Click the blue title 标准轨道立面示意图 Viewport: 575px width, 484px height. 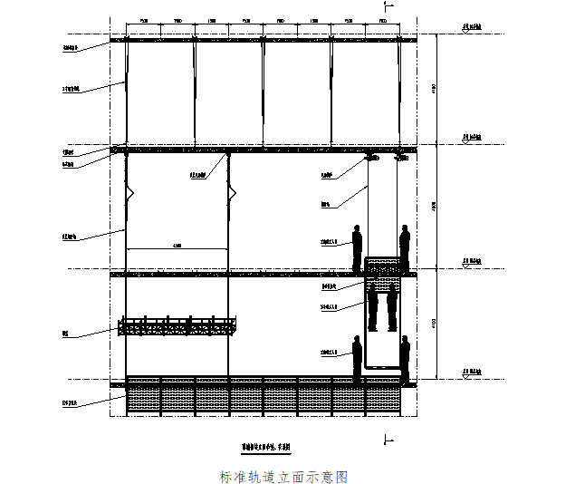click(x=283, y=476)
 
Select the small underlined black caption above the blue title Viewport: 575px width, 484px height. click(x=271, y=447)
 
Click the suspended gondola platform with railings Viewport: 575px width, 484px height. click(x=178, y=326)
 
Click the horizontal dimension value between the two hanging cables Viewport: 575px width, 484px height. click(x=177, y=246)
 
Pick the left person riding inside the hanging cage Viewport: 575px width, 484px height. click(x=372, y=306)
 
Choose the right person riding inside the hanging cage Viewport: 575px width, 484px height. click(x=392, y=306)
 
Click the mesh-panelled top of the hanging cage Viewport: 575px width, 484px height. click(x=382, y=266)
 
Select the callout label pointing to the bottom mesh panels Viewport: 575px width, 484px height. click(x=68, y=396)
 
